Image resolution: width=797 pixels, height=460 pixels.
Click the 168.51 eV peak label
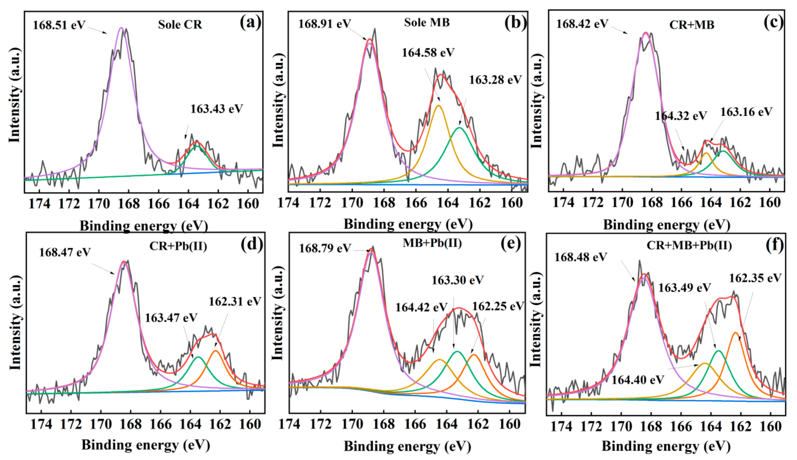coord(59,25)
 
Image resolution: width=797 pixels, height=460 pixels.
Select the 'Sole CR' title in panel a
coord(180,25)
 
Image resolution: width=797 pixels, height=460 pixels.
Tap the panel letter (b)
coord(515,23)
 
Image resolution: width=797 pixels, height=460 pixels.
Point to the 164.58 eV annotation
coord(428,53)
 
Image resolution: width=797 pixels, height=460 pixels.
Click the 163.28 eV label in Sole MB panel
coord(495,80)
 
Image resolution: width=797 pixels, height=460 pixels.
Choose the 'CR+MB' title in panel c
coord(691,25)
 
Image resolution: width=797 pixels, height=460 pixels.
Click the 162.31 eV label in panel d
coord(235,301)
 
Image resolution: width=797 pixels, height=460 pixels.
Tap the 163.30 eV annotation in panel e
coord(458,280)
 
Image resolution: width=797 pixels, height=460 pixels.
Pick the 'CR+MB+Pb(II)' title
coord(689,245)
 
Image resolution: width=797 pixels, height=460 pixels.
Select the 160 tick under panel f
coord(771,426)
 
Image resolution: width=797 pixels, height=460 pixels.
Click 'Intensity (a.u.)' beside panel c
coord(537,101)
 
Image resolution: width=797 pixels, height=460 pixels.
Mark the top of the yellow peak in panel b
coord(438,106)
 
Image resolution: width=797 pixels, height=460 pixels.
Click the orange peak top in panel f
coord(735,332)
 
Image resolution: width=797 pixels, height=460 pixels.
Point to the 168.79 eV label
coord(325,248)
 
